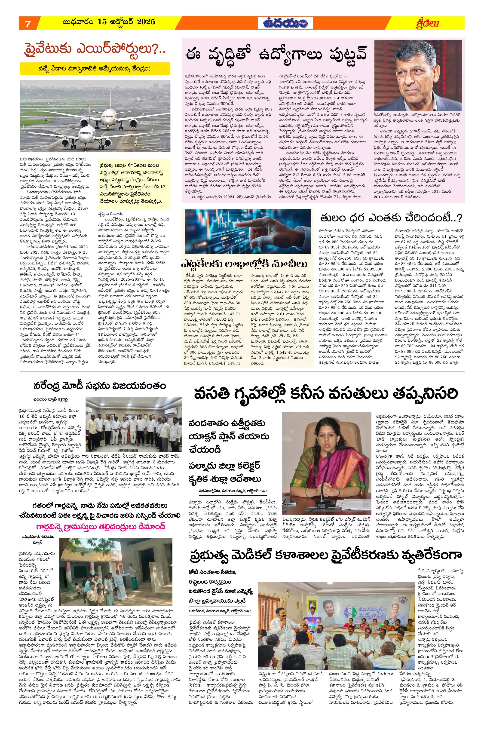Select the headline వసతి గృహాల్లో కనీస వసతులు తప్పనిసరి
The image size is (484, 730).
tap(325, 394)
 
